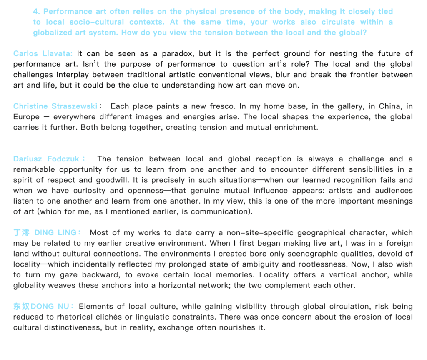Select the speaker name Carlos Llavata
pos(43,54)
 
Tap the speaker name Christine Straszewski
pos(55,106)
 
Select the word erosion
pos(342,317)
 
